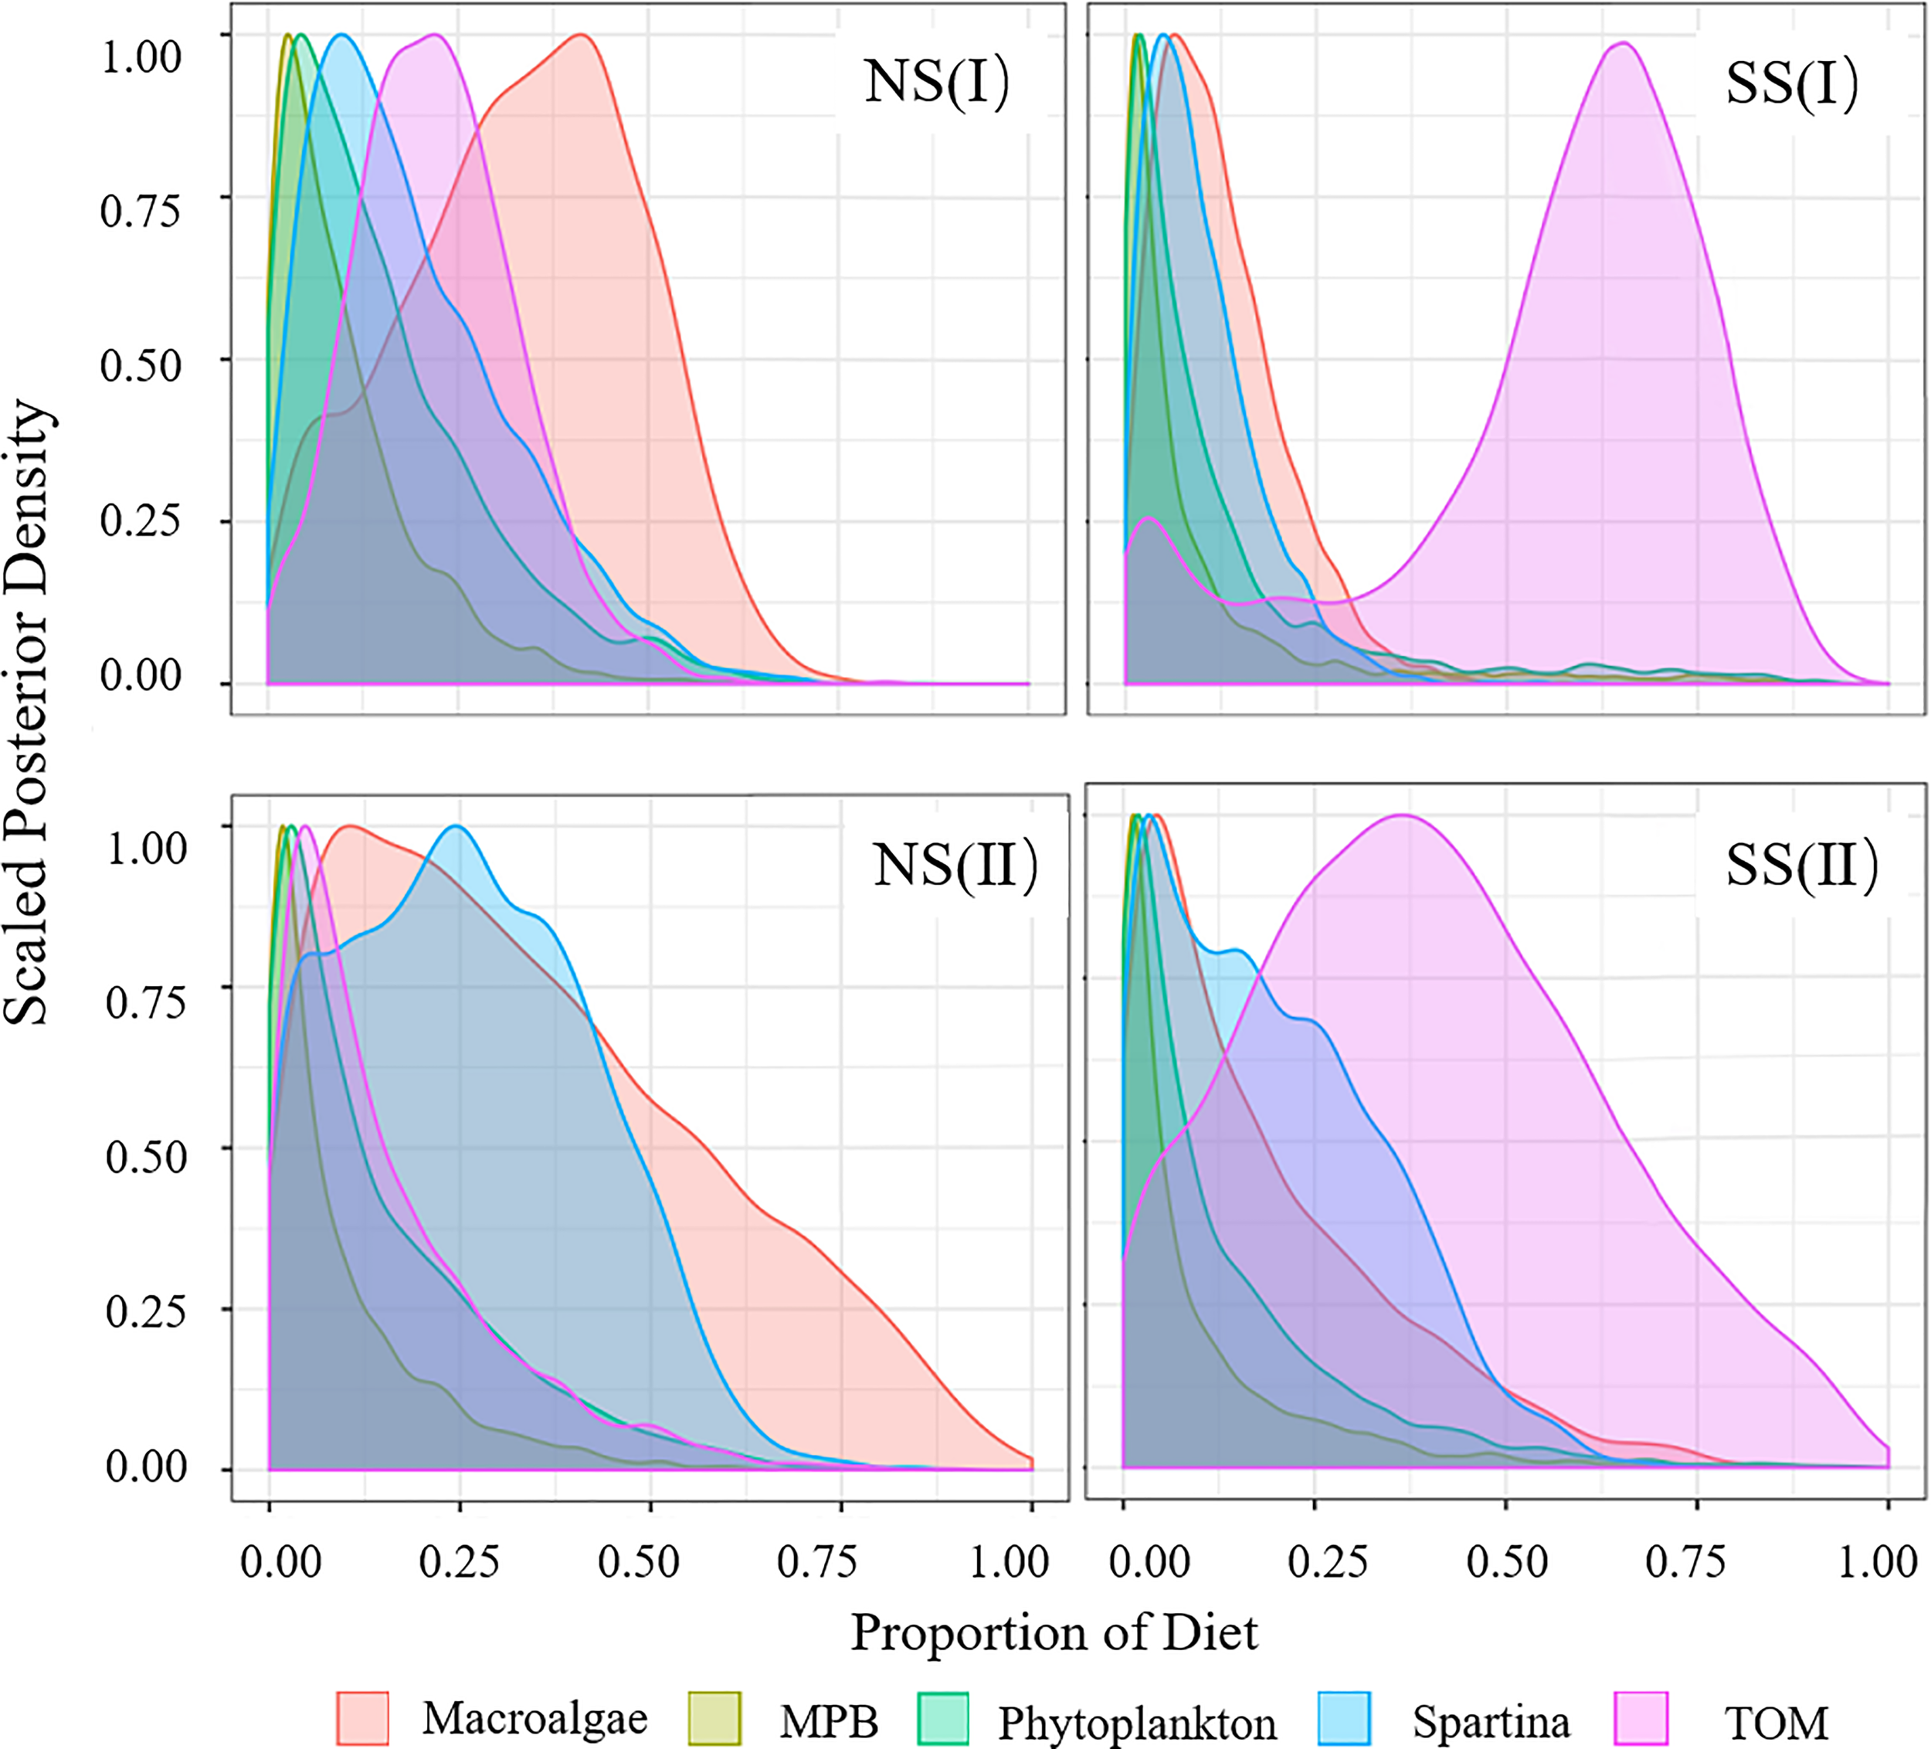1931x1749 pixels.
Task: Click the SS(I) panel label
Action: tap(1791, 83)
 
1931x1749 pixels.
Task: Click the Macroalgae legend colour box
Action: tap(363, 1717)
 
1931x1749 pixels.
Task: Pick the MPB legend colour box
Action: tap(714, 1717)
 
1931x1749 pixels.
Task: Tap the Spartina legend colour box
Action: tap(1344, 1717)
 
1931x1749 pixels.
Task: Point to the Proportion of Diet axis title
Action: tap(1054, 1632)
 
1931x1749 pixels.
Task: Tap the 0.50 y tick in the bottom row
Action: tap(145, 1156)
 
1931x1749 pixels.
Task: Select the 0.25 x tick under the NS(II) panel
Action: tap(459, 1562)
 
